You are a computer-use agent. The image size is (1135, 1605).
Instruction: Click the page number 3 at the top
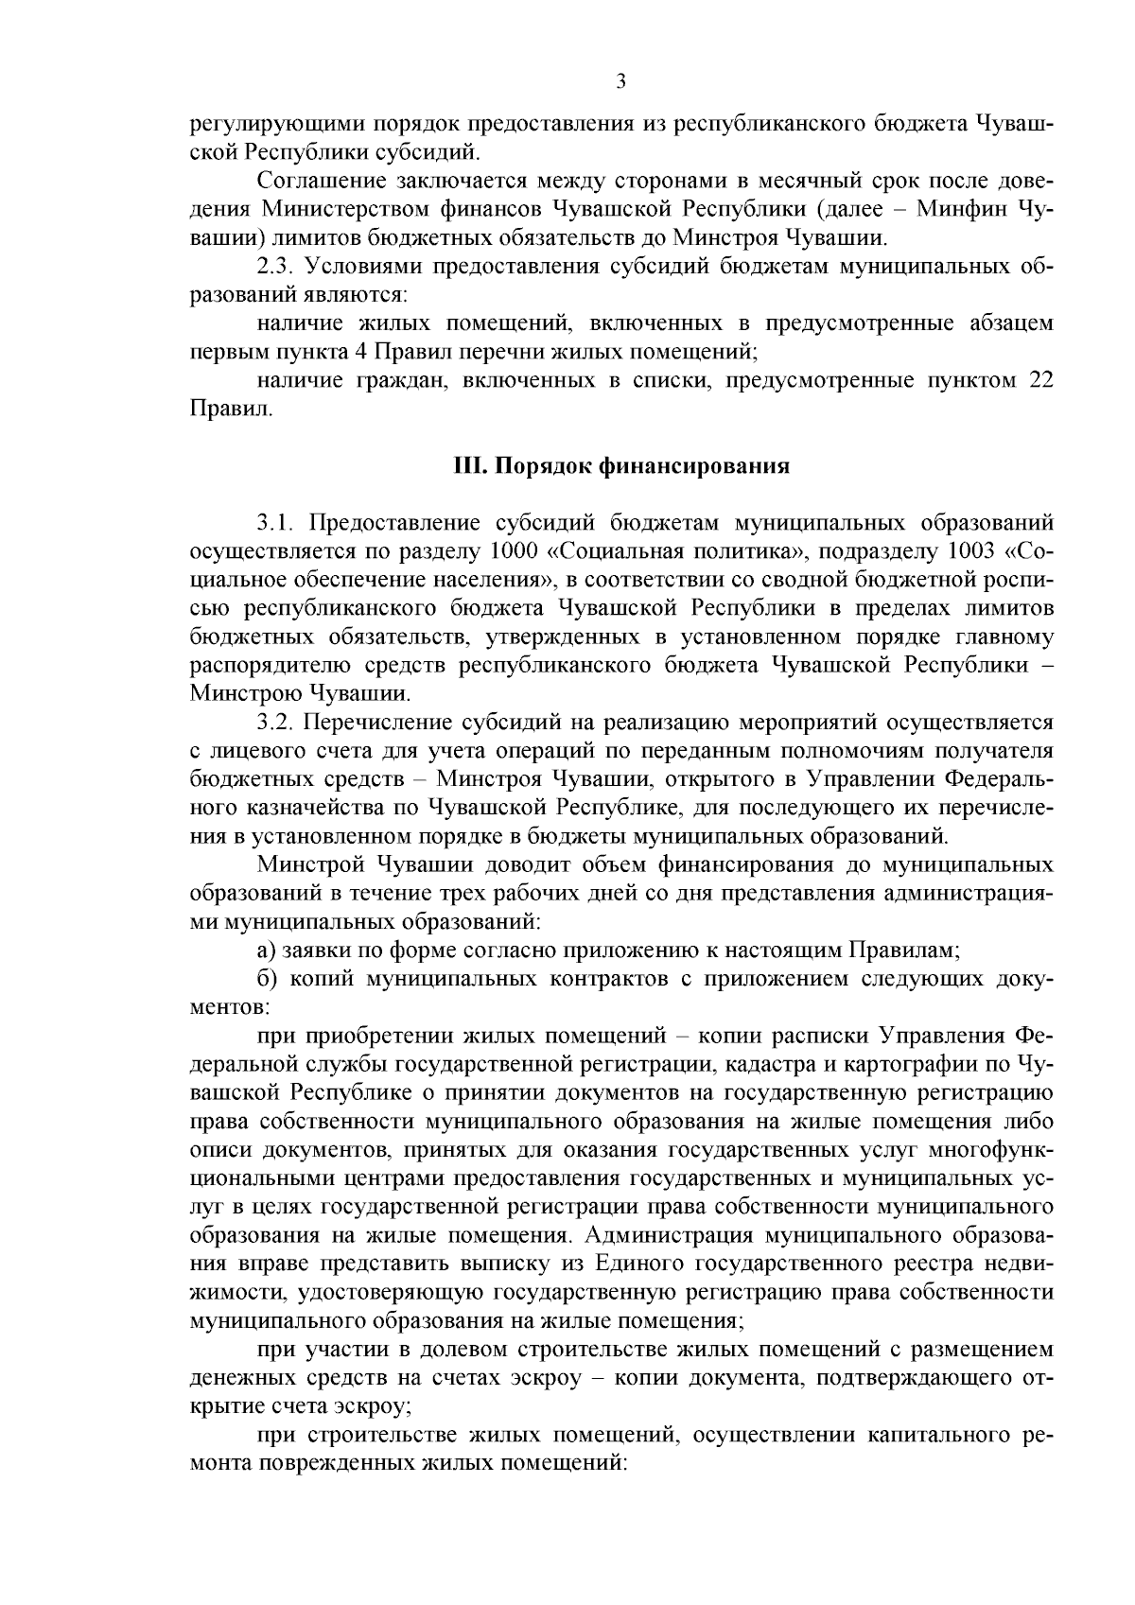click(620, 81)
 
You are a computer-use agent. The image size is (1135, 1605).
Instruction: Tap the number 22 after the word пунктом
click(1037, 380)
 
